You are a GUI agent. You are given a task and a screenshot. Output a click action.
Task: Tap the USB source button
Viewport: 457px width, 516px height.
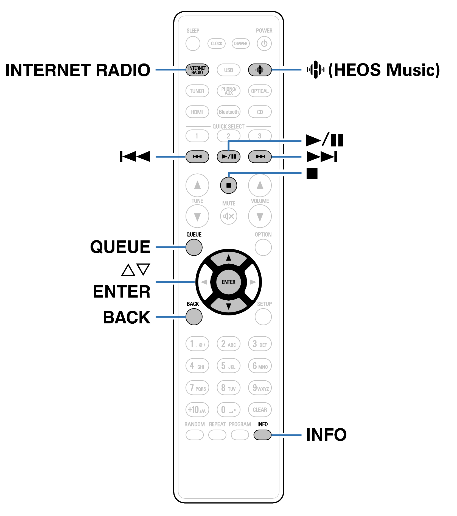228,70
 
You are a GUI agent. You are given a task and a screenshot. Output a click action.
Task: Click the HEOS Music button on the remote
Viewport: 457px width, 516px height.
260,70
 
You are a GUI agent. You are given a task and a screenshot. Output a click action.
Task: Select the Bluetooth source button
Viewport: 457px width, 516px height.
228,112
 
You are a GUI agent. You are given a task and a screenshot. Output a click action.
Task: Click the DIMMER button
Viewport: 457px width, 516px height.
240,43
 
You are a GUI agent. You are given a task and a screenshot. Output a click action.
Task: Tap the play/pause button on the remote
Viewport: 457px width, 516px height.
228,157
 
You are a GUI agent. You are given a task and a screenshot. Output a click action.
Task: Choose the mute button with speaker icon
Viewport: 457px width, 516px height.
228,216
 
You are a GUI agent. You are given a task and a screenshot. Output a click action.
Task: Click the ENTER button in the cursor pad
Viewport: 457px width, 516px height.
228,282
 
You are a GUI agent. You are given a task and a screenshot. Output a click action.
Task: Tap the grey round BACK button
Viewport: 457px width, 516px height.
194,317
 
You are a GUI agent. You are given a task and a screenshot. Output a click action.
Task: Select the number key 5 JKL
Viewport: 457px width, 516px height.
228,366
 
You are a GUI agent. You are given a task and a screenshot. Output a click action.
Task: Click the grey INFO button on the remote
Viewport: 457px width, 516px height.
262,435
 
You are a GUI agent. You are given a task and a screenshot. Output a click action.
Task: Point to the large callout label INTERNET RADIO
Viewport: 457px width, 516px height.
78,70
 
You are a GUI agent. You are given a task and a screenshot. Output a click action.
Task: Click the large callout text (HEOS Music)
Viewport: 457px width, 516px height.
384,70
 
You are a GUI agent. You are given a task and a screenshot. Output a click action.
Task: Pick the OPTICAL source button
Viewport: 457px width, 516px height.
260,91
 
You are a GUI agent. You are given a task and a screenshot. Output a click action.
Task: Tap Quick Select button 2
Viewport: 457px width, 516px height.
228,136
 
